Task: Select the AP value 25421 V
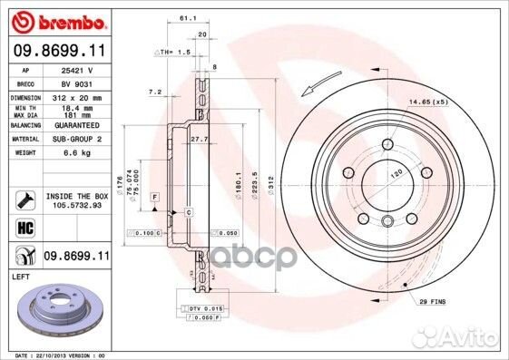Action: (78, 69)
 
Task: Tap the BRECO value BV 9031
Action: (76, 82)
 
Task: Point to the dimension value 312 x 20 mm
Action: (76, 96)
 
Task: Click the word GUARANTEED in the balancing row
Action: (76, 126)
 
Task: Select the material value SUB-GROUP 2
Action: (76, 140)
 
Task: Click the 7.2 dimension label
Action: (154, 92)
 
